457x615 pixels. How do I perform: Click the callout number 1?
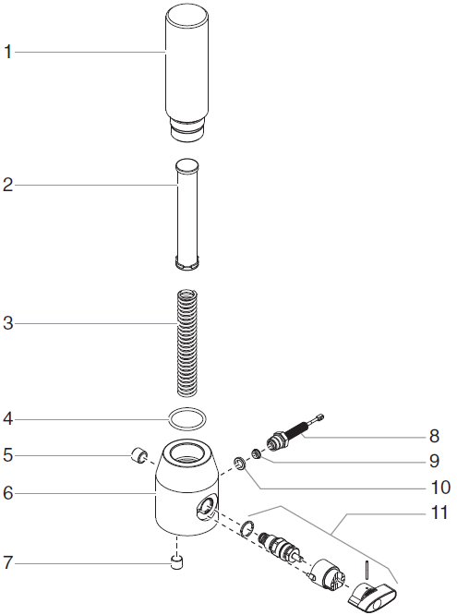pyautogui.click(x=8, y=52)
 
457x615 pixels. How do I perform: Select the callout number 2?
pyautogui.click(x=8, y=185)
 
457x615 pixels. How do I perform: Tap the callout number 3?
pyautogui.click(x=8, y=323)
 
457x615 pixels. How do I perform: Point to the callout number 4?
pyautogui.click(x=8, y=418)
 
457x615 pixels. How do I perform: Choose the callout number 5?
pyautogui.click(x=8, y=454)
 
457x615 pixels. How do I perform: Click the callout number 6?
pyautogui.click(x=8, y=493)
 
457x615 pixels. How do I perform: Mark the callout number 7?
pyautogui.click(x=8, y=561)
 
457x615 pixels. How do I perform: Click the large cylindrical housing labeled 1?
pyautogui.click(x=189, y=69)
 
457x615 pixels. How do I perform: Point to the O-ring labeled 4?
pyautogui.click(x=187, y=419)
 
